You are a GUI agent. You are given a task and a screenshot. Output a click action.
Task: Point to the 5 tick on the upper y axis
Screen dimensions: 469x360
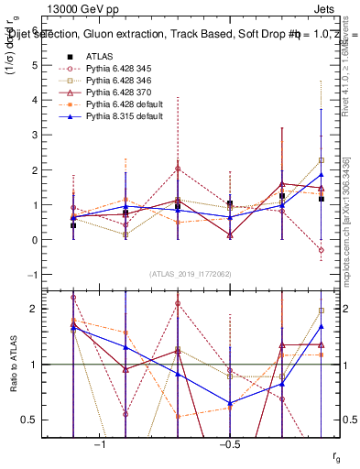coord(36,66)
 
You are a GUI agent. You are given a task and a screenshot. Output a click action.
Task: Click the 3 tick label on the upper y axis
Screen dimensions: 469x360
coord(36,136)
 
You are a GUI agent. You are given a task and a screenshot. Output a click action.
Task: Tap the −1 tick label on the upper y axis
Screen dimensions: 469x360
coord(33,275)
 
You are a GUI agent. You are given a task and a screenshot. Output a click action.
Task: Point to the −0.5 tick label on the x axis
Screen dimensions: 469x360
coord(229,444)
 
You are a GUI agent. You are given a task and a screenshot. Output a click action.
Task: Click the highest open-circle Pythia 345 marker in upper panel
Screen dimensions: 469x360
coord(177,169)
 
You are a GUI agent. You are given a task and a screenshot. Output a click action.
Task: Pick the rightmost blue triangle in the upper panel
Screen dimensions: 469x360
coord(322,174)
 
